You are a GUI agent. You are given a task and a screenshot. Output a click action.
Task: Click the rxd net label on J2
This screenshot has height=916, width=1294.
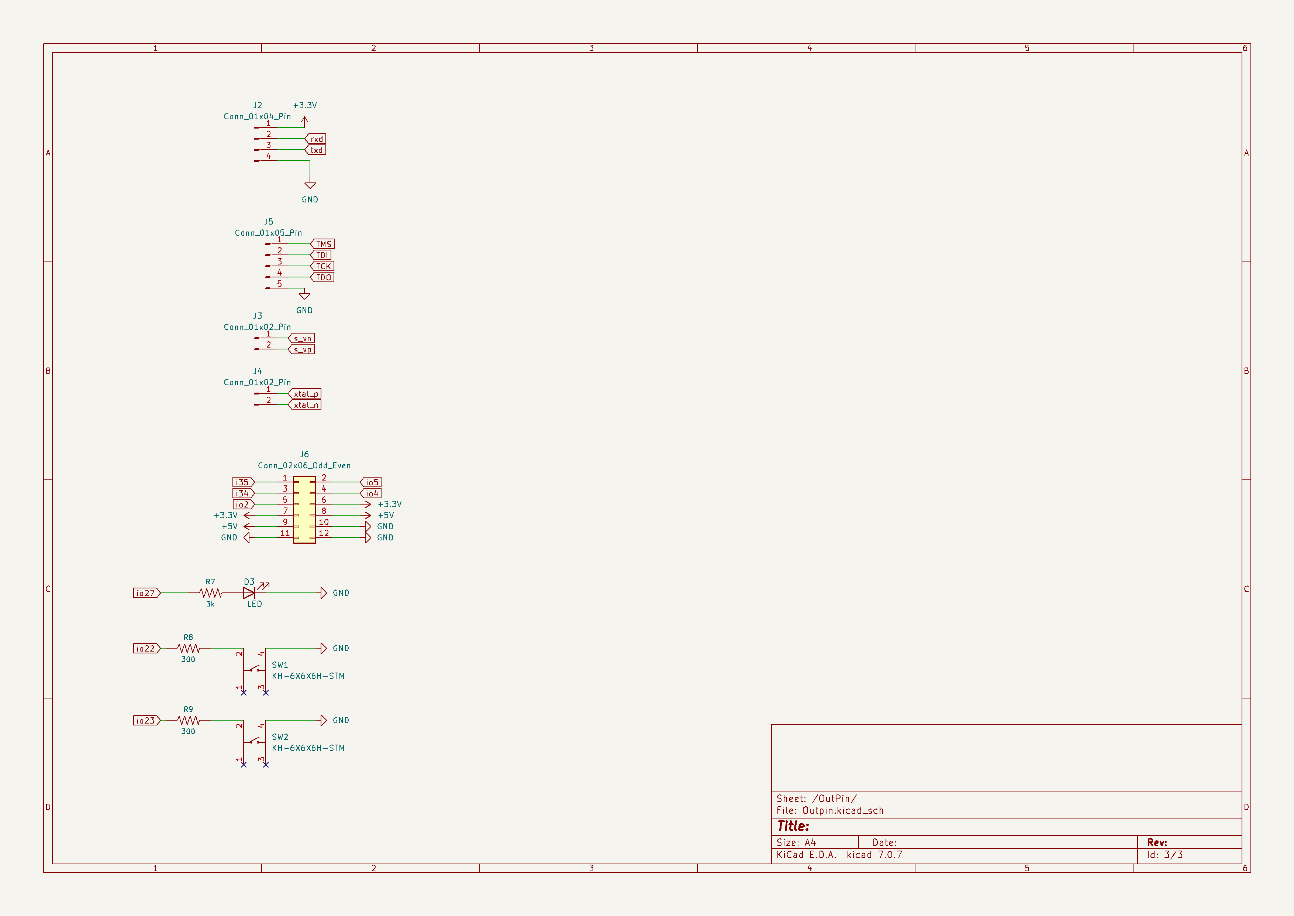click(x=316, y=139)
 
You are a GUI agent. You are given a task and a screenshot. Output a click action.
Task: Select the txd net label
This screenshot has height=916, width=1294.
click(x=316, y=150)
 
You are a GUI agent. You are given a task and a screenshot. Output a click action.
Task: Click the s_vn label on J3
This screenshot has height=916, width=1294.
click(x=302, y=338)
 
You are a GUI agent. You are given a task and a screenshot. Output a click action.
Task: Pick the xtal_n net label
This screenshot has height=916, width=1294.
click(x=306, y=405)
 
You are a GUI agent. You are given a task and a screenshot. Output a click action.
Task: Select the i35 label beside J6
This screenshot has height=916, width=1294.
click(x=243, y=482)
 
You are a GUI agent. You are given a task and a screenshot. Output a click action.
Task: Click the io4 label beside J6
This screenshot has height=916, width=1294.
click(x=372, y=493)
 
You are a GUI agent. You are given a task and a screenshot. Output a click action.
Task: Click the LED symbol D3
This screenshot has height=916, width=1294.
click(x=249, y=593)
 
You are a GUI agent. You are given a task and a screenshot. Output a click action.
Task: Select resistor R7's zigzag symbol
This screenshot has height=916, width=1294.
click(x=211, y=593)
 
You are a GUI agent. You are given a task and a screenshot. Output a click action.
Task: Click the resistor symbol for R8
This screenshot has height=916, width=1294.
click(x=188, y=649)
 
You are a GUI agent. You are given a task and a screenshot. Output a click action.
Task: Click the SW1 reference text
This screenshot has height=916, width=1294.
click(x=280, y=665)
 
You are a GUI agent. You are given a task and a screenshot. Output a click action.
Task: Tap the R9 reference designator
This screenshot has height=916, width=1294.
click(x=188, y=709)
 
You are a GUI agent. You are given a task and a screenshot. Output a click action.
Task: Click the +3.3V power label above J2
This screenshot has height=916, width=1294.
click(x=304, y=106)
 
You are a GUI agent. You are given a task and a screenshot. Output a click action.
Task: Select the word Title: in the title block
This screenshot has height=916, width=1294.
click(x=793, y=826)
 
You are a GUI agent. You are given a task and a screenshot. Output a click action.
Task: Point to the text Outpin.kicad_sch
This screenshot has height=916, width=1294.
click(x=843, y=810)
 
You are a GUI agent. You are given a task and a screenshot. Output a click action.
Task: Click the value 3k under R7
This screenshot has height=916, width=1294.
click(x=210, y=604)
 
